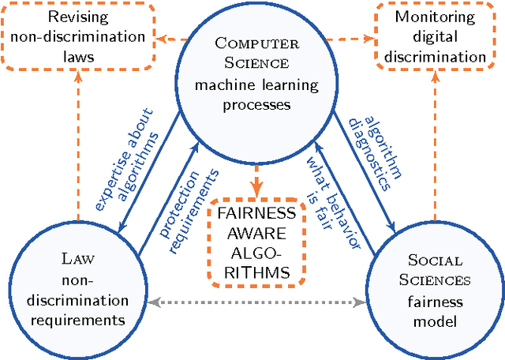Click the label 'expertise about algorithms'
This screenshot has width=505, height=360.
126,170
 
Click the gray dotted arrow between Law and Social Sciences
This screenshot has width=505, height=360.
252,302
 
